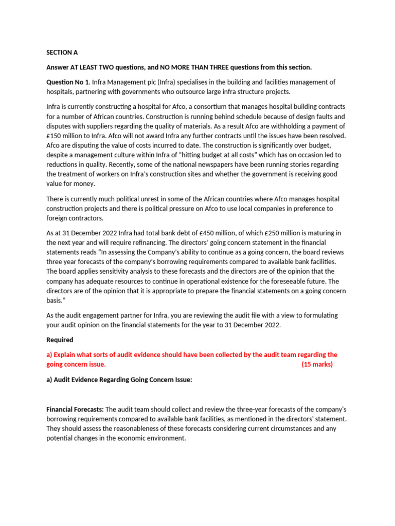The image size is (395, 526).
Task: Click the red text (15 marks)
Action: [x=317, y=364]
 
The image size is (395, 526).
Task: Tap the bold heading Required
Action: [x=60, y=340]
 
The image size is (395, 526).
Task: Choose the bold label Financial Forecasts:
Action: [x=75, y=409]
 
